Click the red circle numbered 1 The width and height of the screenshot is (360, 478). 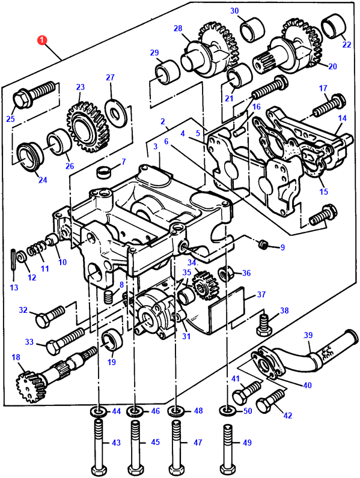[42, 40]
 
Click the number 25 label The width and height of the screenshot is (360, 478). [10, 118]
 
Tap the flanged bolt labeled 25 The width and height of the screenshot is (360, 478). [34, 94]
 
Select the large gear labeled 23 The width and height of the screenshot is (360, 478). [88, 127]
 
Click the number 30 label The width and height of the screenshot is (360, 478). [234, 11]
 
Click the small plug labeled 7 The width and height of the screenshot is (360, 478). [103, 172]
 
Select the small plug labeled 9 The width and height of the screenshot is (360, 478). [263, 244]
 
